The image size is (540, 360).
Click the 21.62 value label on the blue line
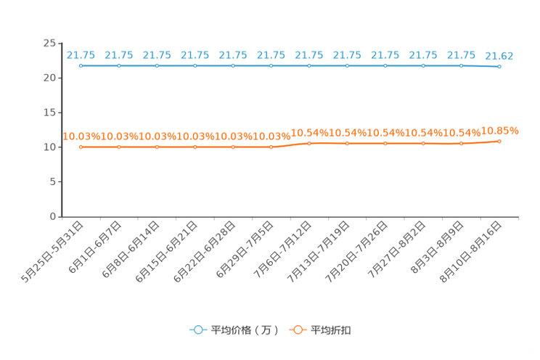coord(499,56)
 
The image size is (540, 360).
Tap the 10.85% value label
coord(499,131)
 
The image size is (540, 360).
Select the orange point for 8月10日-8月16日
coord(499,142)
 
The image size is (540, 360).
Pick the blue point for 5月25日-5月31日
coord(81,66)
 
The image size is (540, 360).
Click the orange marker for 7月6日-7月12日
coord(309,143)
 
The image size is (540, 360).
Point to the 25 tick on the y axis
coord(49,44)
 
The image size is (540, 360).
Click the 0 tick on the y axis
coord(53,216)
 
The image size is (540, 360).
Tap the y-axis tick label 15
coord(49,112)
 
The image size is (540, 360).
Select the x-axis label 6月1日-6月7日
coord(94,247)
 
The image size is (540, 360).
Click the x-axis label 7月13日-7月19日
coord(318,252)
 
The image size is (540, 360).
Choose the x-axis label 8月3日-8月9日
coord(437,247)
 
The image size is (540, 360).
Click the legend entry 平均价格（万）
coord(245,330)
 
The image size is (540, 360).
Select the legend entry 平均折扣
coord(331,330)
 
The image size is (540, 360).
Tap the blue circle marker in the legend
coord(198,330)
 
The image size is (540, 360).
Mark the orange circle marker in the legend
coord(298,330)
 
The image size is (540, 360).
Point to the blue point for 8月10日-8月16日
coord(499,67)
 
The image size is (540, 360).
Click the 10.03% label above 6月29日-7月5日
coord(271,136)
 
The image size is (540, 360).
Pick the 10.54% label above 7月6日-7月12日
coord(310,133)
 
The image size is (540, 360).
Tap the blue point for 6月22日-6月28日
coord(233,66)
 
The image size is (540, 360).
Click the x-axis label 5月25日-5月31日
coord(52,252)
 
